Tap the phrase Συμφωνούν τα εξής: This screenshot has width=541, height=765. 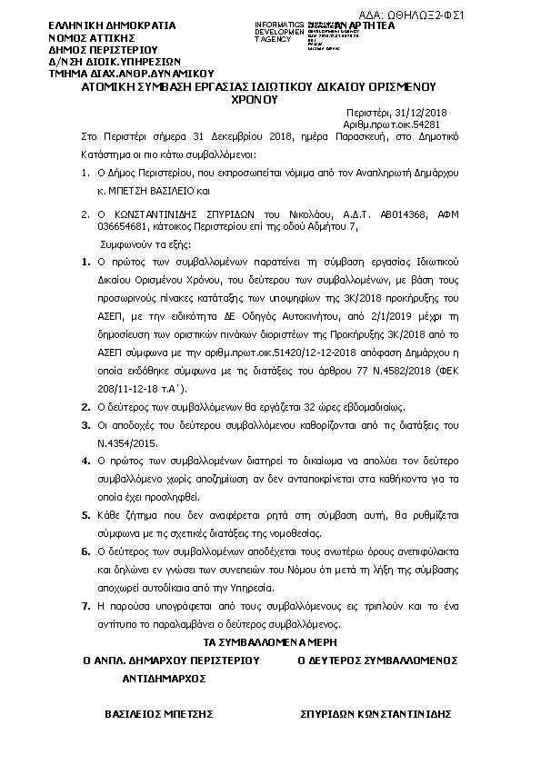tap(142, 244)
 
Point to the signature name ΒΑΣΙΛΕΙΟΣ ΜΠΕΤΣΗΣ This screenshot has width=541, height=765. tap(158, 715)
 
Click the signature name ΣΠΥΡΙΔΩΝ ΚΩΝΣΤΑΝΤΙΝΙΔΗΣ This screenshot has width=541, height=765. tap(376, 715)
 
